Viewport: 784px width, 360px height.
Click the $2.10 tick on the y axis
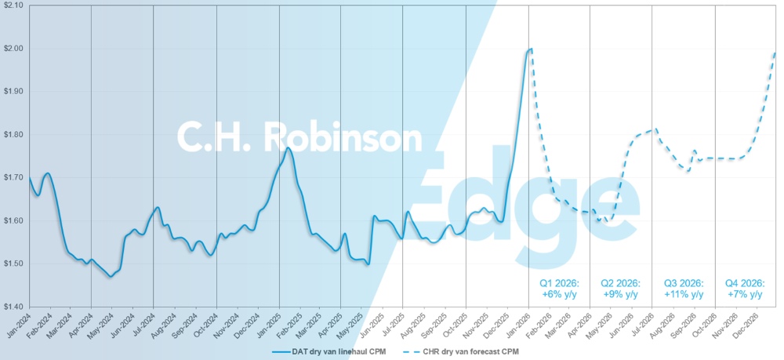tap(13, 5)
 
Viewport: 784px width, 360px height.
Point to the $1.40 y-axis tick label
tap(13, 307)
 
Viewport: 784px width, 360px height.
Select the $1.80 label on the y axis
tap(13, 135)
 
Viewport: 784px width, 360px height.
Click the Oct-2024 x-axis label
tap(205, 325)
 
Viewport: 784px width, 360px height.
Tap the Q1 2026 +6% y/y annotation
tap(557, 289)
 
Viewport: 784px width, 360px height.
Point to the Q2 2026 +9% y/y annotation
tap(620, 289)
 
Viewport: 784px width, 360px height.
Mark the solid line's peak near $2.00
tap(532, 49)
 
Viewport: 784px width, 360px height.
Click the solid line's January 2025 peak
tap(289, 147)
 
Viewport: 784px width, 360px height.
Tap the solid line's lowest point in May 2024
tap(111, 277)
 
